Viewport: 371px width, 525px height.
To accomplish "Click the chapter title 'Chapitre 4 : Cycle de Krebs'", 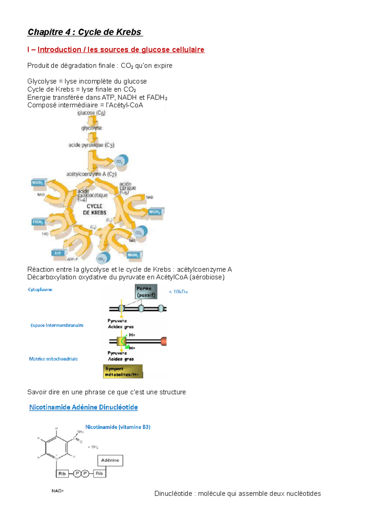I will pos(84,32).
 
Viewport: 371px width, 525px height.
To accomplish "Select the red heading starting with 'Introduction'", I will pos(121,50).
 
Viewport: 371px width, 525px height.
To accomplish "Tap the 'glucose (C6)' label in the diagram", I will pos(91,113).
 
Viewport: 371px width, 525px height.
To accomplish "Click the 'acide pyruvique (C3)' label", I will pos(91,145).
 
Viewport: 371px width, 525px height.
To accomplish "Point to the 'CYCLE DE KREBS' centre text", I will pos(95,209).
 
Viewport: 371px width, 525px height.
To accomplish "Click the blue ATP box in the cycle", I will pos(58,253).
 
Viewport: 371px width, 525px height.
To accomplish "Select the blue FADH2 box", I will pos(38,222).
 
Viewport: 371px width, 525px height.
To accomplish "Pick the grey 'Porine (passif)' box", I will pos(146,292).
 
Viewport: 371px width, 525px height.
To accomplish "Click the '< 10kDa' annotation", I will pos(178,292).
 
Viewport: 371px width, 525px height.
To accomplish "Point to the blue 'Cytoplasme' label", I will pos(40,289).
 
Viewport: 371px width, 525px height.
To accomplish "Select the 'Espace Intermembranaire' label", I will pos(57,325).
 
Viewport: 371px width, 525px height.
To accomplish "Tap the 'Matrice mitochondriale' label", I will pos(53,359).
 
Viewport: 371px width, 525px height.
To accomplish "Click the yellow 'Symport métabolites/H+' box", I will pos(122,371).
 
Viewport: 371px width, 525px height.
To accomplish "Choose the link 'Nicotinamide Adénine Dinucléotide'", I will pos(83,407).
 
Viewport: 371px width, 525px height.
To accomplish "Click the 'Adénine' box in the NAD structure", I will pos(110,460).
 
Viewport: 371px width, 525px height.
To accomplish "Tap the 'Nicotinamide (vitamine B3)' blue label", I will pos(118,427).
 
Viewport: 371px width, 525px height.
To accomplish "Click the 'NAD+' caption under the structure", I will pos(58,491).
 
